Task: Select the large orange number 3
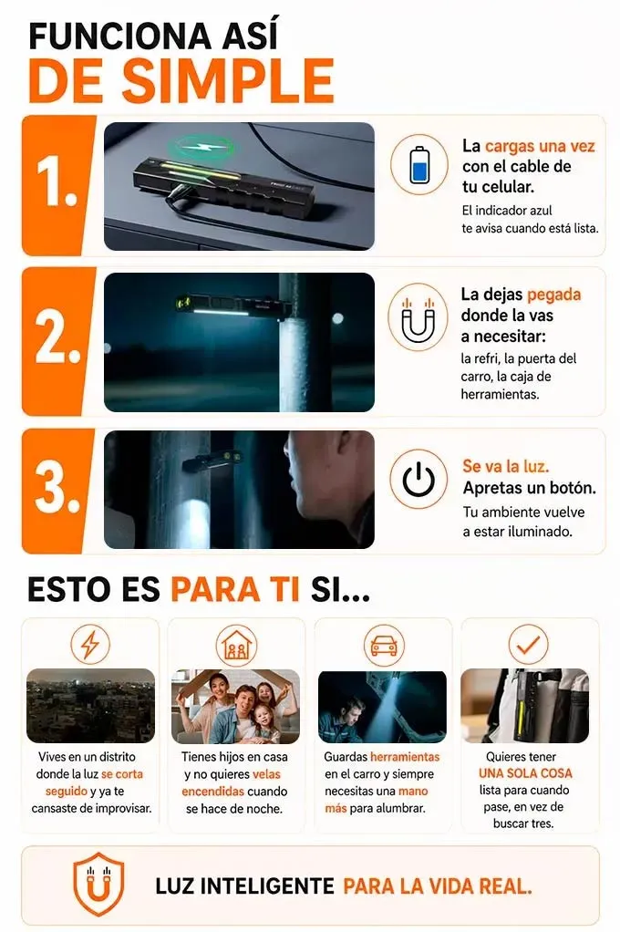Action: (x=57, y=489)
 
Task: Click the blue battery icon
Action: (x=419, y=164)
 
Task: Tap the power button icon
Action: (x=418, y=479)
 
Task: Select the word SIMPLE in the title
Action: (x=228, y=81)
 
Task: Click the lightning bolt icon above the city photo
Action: (x=90, y=644)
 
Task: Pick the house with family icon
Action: (x=236, y=645)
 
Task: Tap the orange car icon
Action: (x=384, y=645)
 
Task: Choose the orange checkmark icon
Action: (x=528, y=643)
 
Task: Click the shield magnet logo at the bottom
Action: (x=98, y=884)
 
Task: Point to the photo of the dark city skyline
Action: (x=90, y=706)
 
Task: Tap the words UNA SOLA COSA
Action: (x=525, y=773)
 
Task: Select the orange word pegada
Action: (x=553, y=295)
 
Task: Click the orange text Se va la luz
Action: (x=505, y=466)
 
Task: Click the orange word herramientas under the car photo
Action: (x=405, y=757)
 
